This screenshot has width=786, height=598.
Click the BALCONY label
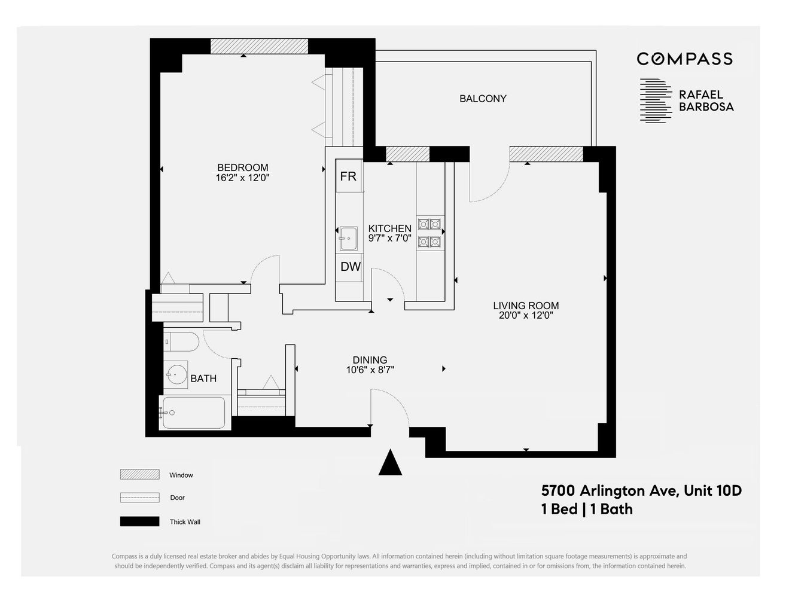pyautogui.click(x=483, y=99)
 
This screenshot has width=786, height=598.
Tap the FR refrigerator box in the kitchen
pyautogui.click(x=348, y=176)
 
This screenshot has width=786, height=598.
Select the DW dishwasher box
pyautogui.click(x=350, y=267)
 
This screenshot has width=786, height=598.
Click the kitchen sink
pyautogui.click(x=348, y=239)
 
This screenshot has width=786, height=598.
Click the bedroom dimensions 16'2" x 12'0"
pyautogui.click(x=242, y=178)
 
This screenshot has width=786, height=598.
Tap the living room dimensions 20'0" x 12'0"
pyautogui.click(x=526, y=316)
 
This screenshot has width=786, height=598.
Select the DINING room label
pyautogui.click(x=370, y=360)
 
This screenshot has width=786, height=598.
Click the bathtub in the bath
pyautogui.click(x=193, y=413)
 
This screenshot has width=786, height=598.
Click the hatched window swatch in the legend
pyautogui.click(x=139, y=475)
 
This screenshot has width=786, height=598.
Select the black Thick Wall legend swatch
pyautogui.click(x=139, y=521)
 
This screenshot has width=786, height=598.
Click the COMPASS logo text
pyautogui.click(x=684, y=59)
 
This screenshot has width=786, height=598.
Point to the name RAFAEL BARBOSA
pyautogui.click(x=706, y=101)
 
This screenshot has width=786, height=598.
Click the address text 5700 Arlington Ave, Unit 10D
pyautogui.click(x=641, y=491)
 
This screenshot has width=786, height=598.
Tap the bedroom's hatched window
pyautogui.click(x=259, y=46)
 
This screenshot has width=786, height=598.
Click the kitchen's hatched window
pyautogui.click(x=407, y=154)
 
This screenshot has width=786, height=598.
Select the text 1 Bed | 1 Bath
pyautogui.click(x=587, y=509)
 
